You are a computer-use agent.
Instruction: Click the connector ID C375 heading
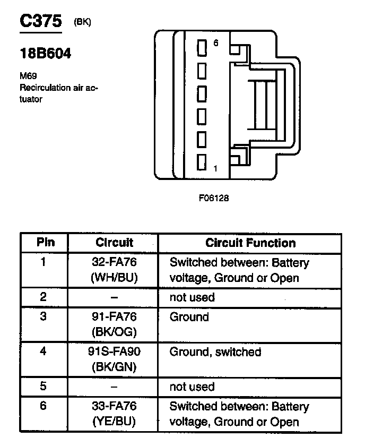(40, 22)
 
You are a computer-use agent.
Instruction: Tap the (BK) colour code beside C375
(82, 23)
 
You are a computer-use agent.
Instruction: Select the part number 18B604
(45, 54)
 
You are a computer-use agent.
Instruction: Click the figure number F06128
(214, 198)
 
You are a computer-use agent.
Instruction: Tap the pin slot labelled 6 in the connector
(202, 48)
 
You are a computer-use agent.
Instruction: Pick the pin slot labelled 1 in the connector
(202, 162)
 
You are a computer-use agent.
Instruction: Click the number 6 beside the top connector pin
(215, 44)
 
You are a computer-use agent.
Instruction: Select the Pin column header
(45, 243)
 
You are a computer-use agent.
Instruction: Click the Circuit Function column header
(250, 243)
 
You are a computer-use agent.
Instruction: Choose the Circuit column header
(114, 243)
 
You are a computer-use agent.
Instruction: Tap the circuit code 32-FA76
(114, 262)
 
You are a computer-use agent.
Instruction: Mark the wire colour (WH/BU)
(114, 277)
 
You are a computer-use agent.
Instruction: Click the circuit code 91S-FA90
(114, 351)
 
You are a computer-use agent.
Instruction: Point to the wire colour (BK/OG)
(114, 332)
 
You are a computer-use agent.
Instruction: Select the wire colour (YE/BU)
(114, 422)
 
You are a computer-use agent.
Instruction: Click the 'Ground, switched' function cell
(215, 351)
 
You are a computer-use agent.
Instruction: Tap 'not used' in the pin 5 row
(192, 387)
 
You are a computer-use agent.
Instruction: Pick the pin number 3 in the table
(44, 317)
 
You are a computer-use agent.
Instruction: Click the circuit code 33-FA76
(114, 407)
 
